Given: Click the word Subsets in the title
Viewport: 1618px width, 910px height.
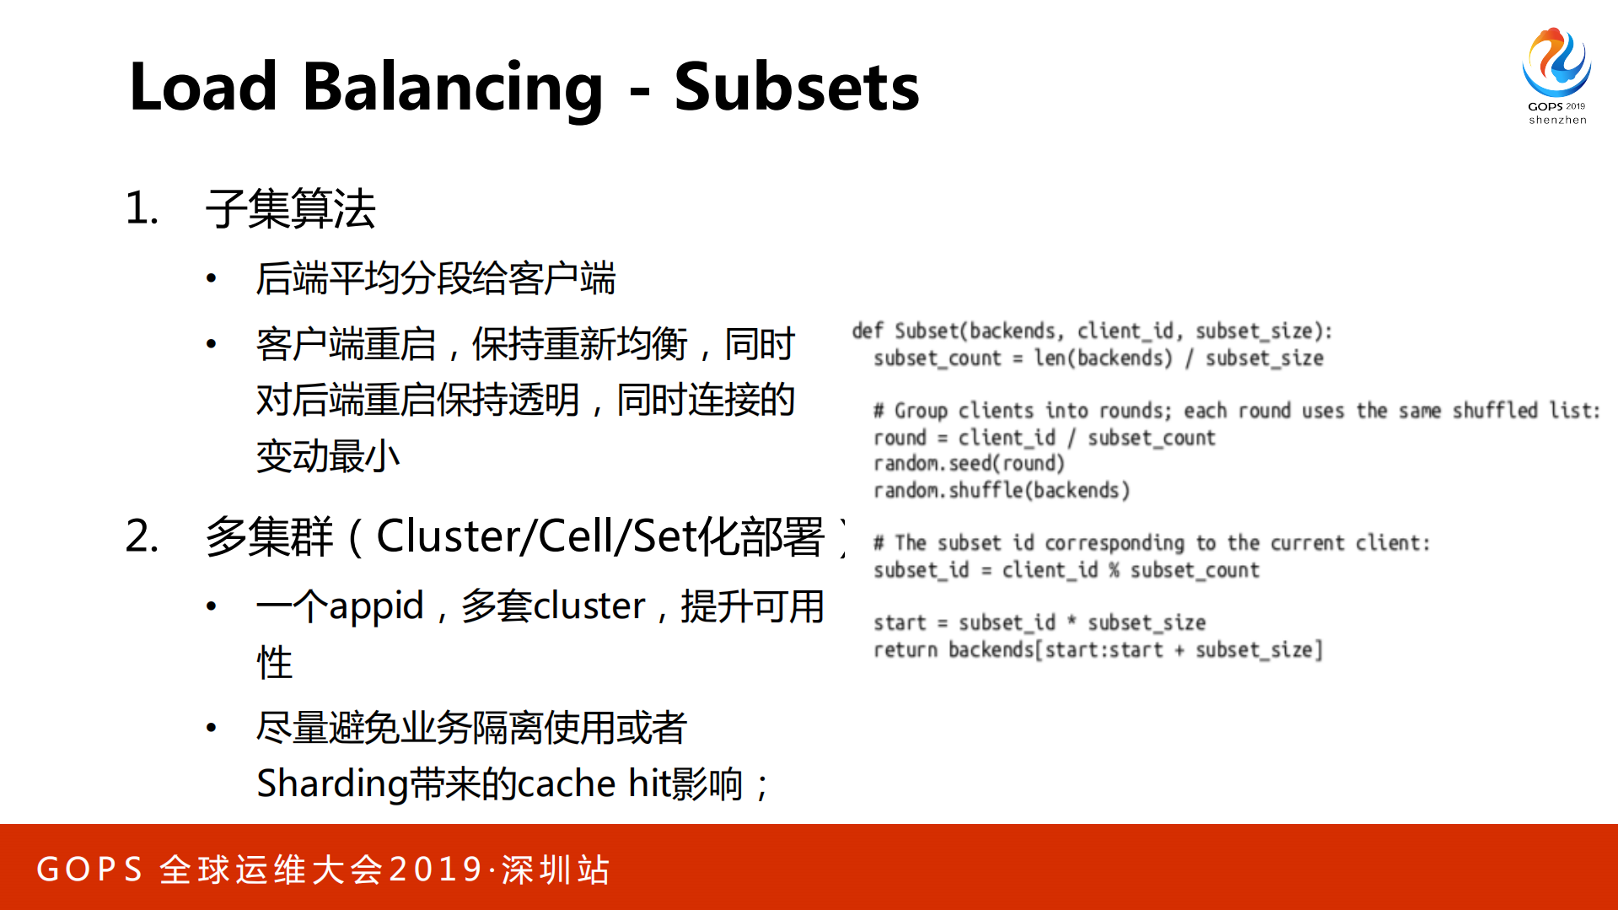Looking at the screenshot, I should point(796,88).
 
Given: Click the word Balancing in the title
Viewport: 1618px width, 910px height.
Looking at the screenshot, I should point(452,88).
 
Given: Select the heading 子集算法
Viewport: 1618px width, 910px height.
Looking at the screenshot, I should point(290,209).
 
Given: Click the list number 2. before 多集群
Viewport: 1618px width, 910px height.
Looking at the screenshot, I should point(142,536).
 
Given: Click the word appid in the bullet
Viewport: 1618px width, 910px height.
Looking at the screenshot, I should point(376,606).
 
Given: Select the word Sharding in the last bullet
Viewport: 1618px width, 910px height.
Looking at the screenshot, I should point(332,783).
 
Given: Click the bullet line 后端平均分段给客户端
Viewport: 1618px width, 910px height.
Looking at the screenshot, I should point(435,279).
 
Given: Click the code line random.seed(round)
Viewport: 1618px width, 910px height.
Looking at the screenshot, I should point(969,464).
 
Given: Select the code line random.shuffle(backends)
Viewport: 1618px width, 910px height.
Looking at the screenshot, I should point(1001,491).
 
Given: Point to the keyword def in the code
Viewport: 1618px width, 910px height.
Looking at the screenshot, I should point(867,331).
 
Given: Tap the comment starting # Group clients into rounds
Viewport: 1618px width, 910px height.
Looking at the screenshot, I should point(1235,411).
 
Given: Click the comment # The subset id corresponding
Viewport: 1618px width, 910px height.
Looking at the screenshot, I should point(1151,543).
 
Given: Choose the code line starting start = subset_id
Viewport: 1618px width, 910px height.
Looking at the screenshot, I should point(1039,623).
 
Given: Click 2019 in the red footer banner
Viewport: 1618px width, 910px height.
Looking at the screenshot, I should point(436,870).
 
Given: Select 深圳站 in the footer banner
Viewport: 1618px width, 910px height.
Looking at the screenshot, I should point(556,870).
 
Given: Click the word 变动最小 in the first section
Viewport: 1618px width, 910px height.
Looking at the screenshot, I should point(327,457).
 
